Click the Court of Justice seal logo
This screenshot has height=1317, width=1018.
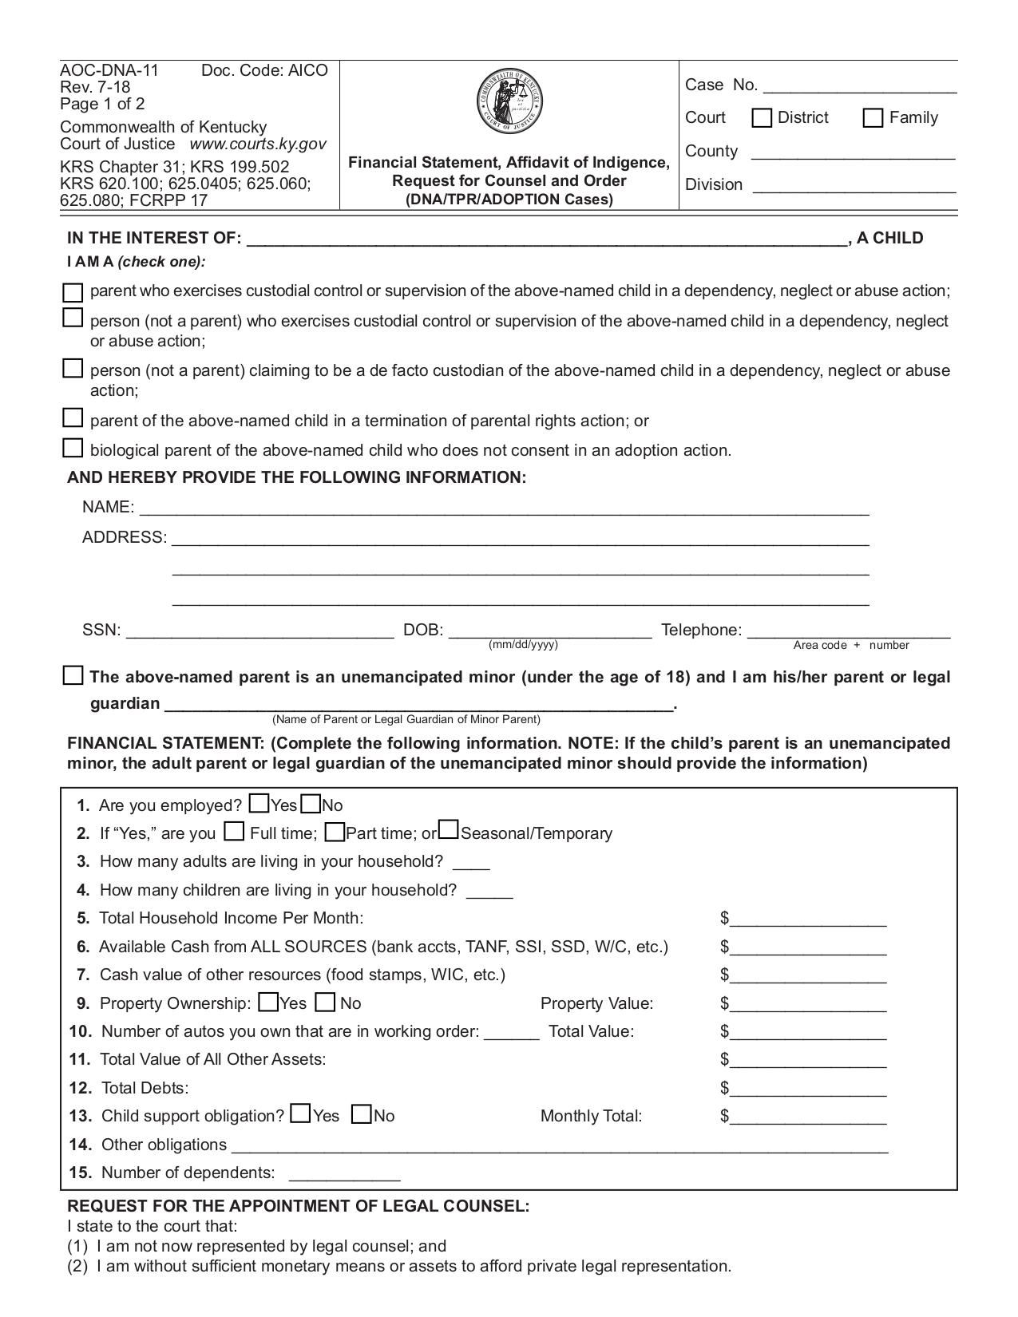[509, 101]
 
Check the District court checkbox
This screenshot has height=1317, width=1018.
[762, 118]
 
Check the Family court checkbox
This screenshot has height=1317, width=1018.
[873, 118]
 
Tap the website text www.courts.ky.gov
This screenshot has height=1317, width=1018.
[258, 144]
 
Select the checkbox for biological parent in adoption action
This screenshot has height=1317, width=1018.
[73, 448]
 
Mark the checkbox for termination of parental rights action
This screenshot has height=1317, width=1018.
[73, 417]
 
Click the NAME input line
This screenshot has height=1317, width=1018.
[503, 508]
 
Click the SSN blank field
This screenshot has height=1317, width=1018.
[259, 631]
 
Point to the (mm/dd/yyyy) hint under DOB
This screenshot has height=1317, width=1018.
[523, 644]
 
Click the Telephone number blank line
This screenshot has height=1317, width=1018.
[848, 631]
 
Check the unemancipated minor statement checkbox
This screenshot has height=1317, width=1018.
[73, 675]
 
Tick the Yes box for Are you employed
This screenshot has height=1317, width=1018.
[259, 803]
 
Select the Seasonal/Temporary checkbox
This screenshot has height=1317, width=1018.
[449, 831]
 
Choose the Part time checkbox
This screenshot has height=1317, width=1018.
[335, 833]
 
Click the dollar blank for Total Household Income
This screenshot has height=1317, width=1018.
[807, 919]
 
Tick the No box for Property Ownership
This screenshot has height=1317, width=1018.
[326, 1002]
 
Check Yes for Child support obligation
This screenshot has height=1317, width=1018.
[301, 1113]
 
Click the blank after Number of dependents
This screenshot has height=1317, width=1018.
[343, 1173]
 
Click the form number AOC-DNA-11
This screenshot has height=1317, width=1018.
[109, 70]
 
